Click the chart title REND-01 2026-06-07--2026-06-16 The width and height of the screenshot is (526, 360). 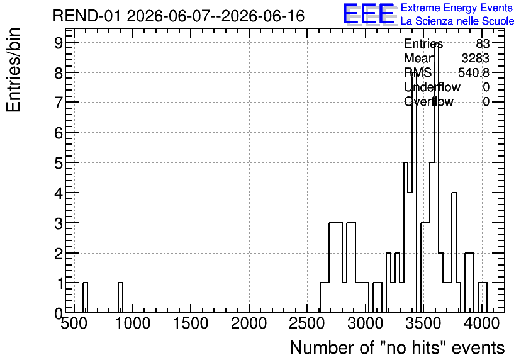pyautogui.click(x=179, y=16)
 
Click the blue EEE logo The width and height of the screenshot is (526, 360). pyautogui.click(x=369, y=14)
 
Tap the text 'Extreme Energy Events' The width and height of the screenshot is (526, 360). pyautogui.click(x=457, y=8)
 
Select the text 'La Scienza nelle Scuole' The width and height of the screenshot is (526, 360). pyautogui.click(x=457, y=21)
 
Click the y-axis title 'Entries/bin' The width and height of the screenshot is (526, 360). pyautogui.click(x=14, y=70)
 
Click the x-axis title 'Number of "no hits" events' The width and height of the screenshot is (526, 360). pyautogui.click(x=397, y=347)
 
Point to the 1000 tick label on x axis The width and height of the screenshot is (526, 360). pyautogui.click(x=133, y=323)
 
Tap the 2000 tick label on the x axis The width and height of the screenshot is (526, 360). pyautogui.click(x=249, y=323)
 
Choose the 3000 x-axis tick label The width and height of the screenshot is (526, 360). pyautogui.click(x=366, y=323)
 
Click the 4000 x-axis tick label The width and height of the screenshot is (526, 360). pyautogui.click(x=482, y=323)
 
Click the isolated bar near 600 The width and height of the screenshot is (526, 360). pyautogui.click(x=85, y=298)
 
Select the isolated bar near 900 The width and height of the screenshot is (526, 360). pyautogui.click(x=120, y=298)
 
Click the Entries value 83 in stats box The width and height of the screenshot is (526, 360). pyautogui.click(x=483, y=43)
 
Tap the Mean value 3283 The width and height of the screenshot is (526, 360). pyautogui.click(x=475, y=58)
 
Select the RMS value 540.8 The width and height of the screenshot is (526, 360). pyautogui.click(x=474, y=72)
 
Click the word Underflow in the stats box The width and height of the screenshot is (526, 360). pyautogui.click(x=432, y=87)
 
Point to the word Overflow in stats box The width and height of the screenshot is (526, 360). pyautogui.click(x=428, y=102)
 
